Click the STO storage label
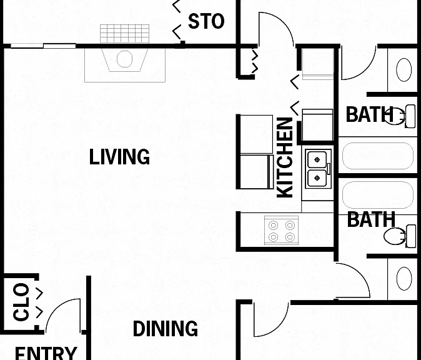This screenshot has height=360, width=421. (206, 21)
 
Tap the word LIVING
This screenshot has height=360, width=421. (119, 157)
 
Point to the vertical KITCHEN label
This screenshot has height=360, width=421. (285, 157)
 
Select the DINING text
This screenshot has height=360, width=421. (166, 329)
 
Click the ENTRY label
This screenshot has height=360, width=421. (46, 353)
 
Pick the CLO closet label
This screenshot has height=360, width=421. (21, 302)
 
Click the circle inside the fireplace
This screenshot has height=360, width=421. (124, 59)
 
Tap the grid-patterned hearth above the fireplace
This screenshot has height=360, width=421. (124, 34)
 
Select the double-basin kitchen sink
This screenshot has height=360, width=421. (317, 168)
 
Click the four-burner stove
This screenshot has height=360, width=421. (281, 230)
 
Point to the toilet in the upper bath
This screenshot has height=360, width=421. (400, 116)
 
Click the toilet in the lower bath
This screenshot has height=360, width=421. (400, 236)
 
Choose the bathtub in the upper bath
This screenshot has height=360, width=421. (378, 156)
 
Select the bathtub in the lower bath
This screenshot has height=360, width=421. (378, 196)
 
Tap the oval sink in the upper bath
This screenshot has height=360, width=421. (404, 70)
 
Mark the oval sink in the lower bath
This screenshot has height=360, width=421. (404, 279)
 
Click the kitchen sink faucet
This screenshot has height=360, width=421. (329, 169)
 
